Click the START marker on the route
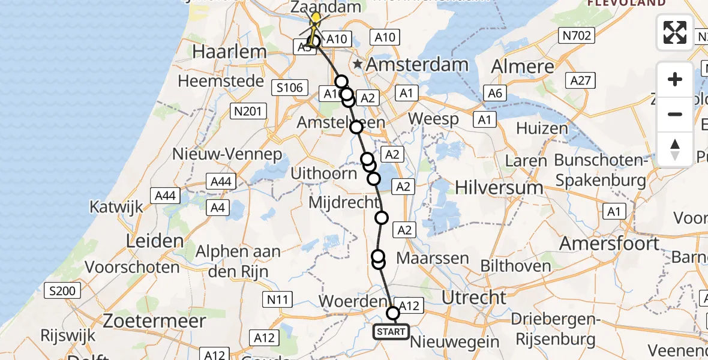(391, 331)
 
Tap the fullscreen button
(675, 32)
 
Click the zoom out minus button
(675, 114)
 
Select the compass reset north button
(675, 149)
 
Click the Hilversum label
(499, 187)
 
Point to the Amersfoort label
(609, 244)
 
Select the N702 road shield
(577, 36)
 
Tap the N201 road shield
(247, 110)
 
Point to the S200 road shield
(62, 292)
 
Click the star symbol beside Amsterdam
(358, 64)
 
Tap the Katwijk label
(116, 207)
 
